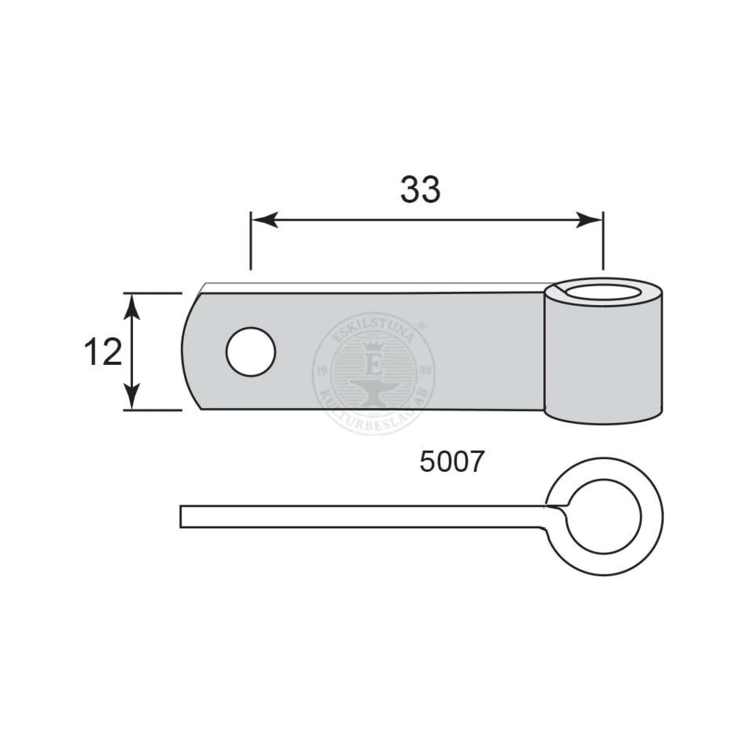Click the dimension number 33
pyautogui.click(x=420, y=189)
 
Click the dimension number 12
pyautogui.click(x=102, y=352)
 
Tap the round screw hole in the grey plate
pyautogui.click(x=251, y=351)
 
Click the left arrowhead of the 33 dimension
pyautogui.click(x=265, y=220)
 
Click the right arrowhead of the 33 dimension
pyautogui.click(x=589, y=220)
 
